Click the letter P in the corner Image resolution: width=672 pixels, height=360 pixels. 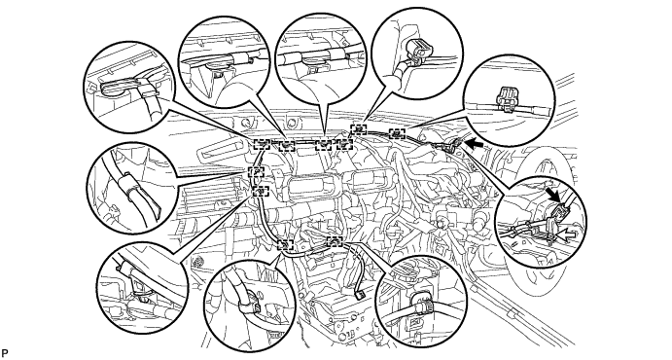point(5,353)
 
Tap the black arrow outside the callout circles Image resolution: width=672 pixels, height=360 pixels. point(476,145)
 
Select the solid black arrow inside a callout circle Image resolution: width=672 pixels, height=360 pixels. point(555,194)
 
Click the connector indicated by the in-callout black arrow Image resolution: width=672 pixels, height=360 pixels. point(559,211)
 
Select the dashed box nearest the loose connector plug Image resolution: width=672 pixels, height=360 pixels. point(336,242)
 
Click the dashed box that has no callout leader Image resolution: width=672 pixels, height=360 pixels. point(344,144)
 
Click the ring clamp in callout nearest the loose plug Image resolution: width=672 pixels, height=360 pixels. point(422,301)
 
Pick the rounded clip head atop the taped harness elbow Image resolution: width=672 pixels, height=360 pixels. point(417,48)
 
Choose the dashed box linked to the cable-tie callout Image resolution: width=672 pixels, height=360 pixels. point(257,172)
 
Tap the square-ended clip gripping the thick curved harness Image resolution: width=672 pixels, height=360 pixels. point(249,306)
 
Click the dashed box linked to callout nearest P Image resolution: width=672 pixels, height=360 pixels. point(261,191)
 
